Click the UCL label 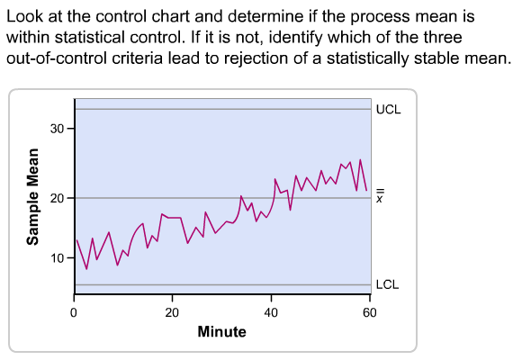tap(388, 109)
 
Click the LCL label tap(387, 284)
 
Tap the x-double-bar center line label tap(380, 197)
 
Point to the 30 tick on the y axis tap(57, 129)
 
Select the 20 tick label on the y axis tap(57, 198)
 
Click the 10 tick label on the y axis tap(57, 258)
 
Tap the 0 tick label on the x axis tap(74, 312)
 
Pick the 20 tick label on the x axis tap(172, 312)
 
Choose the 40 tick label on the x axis tap(271, 312)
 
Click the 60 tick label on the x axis tap(369, 312)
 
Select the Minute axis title tap(221, 332)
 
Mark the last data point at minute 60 tap(367, 190)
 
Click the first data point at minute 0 tap(76, 239)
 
